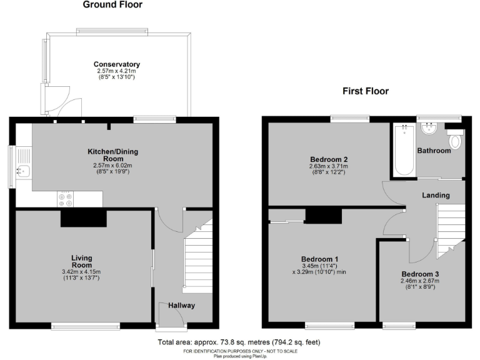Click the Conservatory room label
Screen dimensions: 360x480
117,64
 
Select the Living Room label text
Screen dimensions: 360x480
81,261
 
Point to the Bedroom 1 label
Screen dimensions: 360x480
319,259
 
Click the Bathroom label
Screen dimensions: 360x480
434,151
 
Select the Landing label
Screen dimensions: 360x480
436,196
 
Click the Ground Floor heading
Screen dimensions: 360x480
112,5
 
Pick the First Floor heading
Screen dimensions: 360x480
365,91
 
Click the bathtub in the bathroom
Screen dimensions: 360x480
404,150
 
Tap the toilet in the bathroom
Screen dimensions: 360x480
455,139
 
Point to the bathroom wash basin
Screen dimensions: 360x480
429,129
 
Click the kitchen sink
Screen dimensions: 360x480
23,164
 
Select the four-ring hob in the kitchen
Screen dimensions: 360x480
65,198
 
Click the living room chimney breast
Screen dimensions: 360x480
83,218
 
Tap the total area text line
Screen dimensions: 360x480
239,342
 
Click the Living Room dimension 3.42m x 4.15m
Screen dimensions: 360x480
81,272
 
